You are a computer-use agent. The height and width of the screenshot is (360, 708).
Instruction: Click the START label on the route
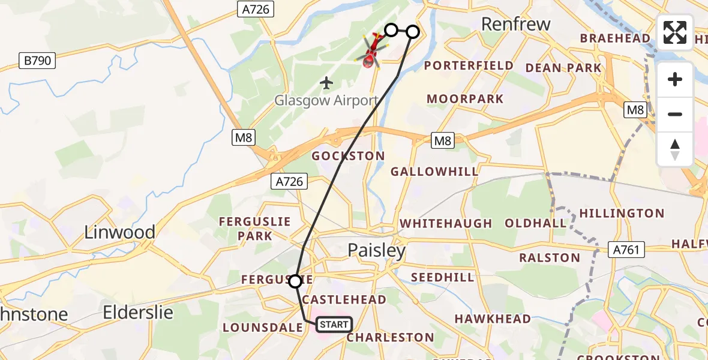pos(334,325)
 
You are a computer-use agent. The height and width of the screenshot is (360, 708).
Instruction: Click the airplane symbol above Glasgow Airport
pos(326,82)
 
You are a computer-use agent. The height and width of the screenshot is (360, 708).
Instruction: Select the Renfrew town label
pos(516,25)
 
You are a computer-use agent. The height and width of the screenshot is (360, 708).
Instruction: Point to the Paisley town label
pos(377,250)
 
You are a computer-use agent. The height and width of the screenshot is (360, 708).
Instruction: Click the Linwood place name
pos(119,232)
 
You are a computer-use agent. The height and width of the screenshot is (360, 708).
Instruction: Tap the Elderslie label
pos(138,313)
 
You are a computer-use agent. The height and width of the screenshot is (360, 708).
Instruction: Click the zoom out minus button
pos(675,114)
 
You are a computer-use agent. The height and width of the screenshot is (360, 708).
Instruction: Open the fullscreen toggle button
pos(675,32)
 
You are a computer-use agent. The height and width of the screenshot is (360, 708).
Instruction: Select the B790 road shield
pos(37,61)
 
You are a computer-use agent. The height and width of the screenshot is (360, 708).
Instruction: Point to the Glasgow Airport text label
pos(326,101)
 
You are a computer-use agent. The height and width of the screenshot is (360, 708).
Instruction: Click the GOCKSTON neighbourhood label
pos(348,156)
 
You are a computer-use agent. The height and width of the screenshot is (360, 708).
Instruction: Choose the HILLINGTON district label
pos(621,213)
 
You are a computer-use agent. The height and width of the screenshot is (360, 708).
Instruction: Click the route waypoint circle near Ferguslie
pos(295,281)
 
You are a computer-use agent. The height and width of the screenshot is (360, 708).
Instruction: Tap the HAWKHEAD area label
pos(493,319)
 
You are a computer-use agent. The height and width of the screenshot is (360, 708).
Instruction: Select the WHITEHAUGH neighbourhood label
pos(446,223)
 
